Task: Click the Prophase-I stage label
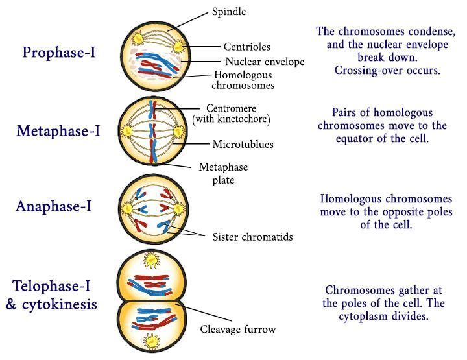[58, 53]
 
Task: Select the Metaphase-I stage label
[58, 131]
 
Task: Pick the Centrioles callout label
[246, 47]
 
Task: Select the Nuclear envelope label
[265, 62]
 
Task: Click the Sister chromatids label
[252, 237]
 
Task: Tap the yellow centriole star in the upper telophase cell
[153, 260]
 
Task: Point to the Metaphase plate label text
[223, 173]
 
